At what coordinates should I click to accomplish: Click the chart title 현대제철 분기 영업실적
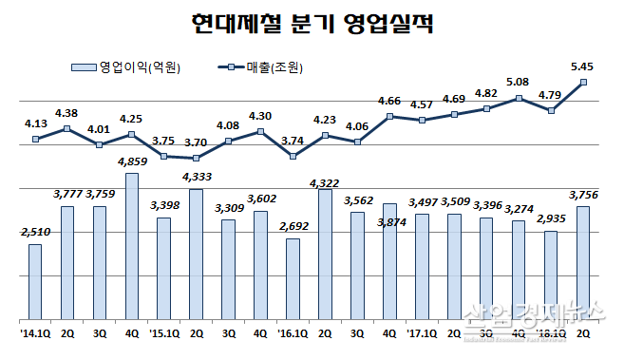coord(312,23)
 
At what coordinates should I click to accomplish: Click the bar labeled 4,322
coord(326,254)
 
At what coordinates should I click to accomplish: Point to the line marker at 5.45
coord(583,83)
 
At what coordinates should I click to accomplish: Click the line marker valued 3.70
coord(197,158)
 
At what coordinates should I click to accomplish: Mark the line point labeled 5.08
coord(519,98)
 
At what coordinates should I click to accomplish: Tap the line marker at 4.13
coord(35,139)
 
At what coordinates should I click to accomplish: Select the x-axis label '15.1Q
coord(163,333)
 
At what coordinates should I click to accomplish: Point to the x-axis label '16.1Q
coord(292,333)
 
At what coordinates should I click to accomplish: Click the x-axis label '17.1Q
coord(421,333)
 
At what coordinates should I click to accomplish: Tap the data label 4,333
coord(197,177)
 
